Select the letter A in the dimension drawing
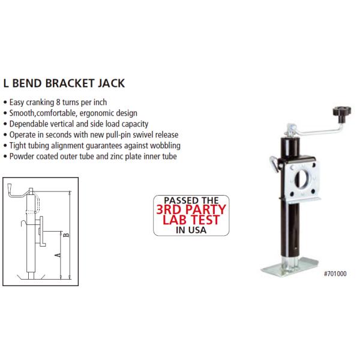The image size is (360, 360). coord(57,255)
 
